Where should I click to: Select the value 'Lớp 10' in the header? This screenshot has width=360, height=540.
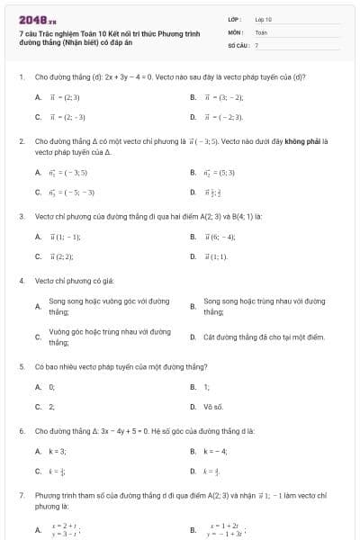(x=264, y=18)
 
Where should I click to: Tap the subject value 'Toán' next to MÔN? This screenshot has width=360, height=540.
(x=261, y=31)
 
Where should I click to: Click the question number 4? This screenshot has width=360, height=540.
(x=21, y=281)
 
